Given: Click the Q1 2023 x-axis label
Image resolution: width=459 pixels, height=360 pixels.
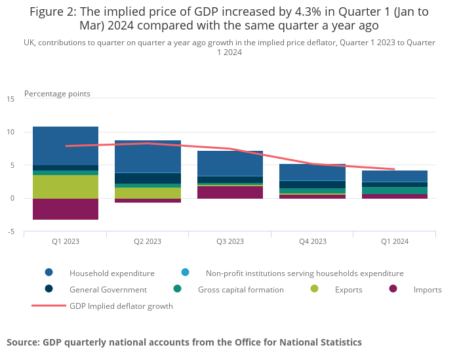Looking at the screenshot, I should [x=66, y=241].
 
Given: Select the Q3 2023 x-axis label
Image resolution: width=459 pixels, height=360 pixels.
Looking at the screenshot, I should [x=230, y=241].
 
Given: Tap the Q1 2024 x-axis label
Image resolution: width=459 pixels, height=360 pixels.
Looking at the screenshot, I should [x=395, y=241].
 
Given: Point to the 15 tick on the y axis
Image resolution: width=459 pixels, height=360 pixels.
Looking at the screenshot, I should [x=10, y=99].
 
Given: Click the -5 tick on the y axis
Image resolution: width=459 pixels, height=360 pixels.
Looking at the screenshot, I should [x=10, y=231].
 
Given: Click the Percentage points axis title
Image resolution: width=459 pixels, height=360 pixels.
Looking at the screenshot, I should [x=57, y=94].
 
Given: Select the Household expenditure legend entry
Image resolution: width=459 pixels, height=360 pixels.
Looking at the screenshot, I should [x=111, y=273].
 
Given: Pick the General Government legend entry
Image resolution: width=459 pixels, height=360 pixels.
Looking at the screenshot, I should [x=108, y=289].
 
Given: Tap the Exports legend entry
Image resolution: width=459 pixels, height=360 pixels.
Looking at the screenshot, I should [x=348, y=289].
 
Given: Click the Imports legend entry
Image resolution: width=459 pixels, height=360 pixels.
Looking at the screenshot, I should [x=428, y=289].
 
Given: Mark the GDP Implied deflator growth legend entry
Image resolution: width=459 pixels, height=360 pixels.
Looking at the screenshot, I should [x=121, y=306].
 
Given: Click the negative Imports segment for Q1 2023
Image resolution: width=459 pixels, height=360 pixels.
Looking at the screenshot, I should [x=66, y=209].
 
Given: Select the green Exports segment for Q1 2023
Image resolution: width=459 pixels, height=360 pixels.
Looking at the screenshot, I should [x=66, y=187].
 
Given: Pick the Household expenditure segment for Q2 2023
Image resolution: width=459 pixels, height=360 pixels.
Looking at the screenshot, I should [x=148, y=157].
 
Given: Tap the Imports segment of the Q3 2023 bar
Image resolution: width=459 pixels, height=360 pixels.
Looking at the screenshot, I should [x=230, y=192].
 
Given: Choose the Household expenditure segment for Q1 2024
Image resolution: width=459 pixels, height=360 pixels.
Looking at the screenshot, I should [x=395, y=176].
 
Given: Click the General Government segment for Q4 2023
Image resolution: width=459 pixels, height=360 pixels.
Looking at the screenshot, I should [x=312, y=184].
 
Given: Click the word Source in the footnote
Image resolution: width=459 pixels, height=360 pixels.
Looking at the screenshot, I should [x=23, y=342].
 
